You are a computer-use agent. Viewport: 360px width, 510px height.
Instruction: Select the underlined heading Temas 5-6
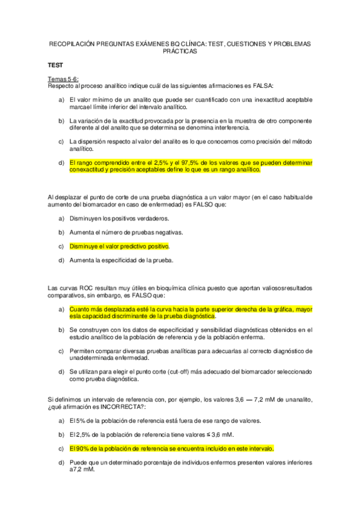[63, 79]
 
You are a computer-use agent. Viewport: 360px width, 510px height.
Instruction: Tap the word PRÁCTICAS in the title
[180, 52]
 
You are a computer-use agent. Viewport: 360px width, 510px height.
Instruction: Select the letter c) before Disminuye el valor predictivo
[61, 246]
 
